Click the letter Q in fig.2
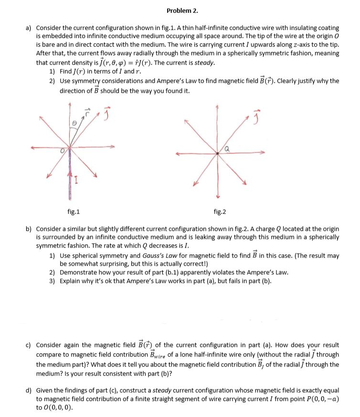[x=228, y=148]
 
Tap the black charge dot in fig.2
[x=218, y=153]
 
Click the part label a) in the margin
[x=28, y=29]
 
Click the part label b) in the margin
[x=28, y=229]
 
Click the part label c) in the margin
[x=28, y=344]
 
